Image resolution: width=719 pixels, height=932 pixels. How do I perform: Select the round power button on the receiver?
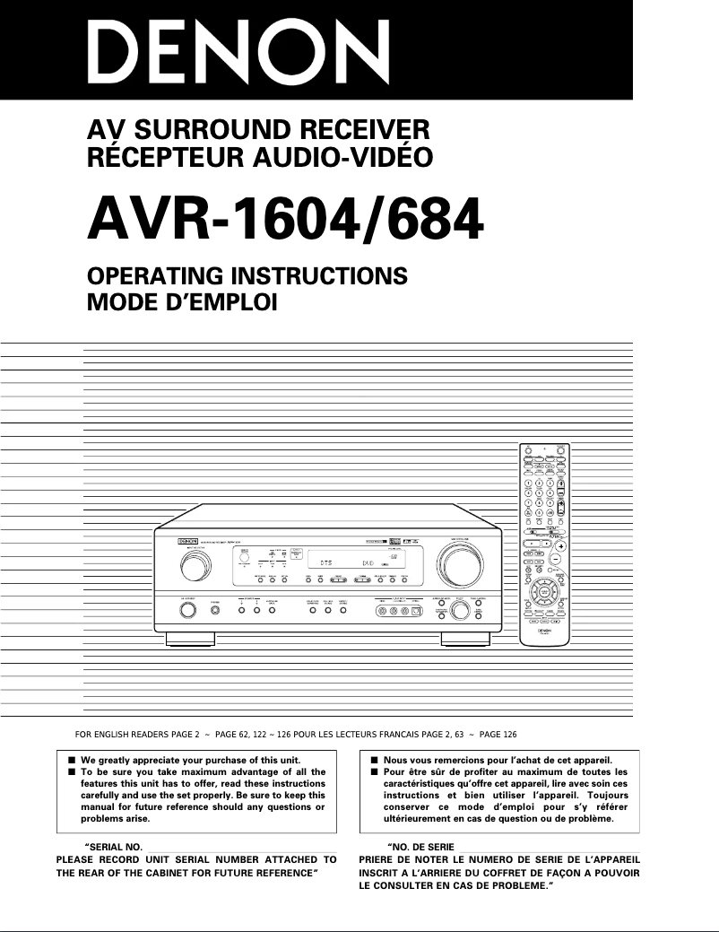point(188,611)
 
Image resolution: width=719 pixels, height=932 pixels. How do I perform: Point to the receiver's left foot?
point(190,640)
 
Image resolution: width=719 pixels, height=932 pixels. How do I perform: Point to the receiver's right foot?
point(466,640)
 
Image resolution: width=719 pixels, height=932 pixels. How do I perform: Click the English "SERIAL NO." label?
point(113,847)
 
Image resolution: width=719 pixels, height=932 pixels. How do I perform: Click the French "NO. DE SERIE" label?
point(420,847)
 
